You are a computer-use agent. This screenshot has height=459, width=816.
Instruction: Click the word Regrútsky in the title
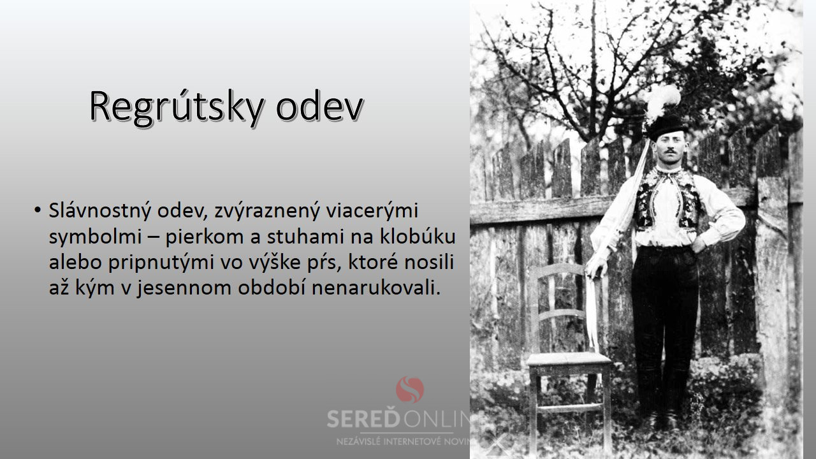177,107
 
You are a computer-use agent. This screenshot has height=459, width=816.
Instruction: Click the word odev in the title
320,106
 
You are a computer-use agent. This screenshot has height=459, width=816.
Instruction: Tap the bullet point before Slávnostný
37,210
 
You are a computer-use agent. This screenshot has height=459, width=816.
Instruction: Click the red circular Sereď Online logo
410,390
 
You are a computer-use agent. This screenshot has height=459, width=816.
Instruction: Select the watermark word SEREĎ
363,419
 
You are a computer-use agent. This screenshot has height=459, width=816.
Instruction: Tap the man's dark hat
667,128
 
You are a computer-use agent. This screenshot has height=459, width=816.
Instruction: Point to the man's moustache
670,150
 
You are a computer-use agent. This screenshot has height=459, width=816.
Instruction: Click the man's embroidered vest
667,200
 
